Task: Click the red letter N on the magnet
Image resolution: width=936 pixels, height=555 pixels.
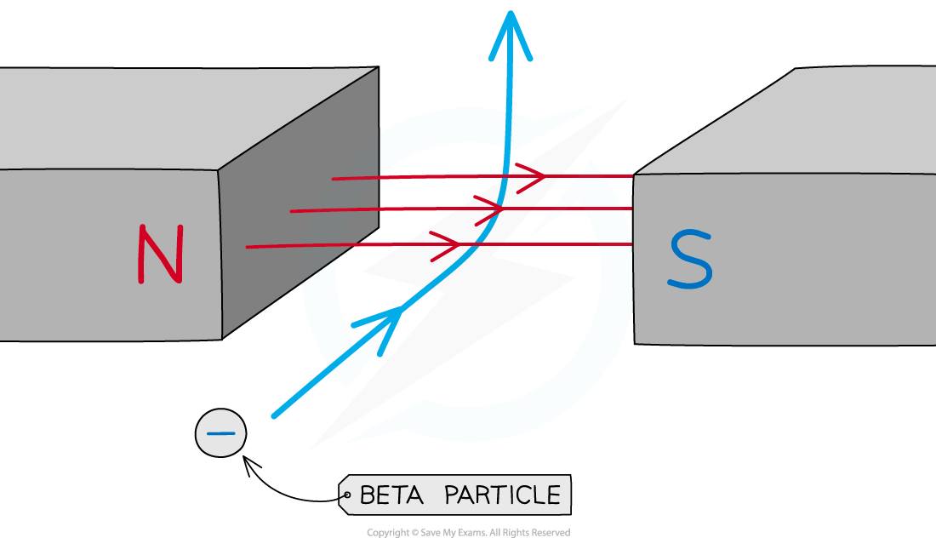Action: (x=161, y=254)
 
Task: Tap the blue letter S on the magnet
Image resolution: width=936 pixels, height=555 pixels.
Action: (x=691, y=260)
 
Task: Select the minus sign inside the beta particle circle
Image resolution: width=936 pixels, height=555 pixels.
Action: (x=220, y=433)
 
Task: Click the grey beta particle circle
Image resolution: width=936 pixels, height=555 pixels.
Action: (x=221, y=433)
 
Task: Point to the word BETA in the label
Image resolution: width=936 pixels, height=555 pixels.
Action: (x=391, y=495)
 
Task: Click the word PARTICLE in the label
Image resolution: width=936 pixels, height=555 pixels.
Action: (x=503, y=495)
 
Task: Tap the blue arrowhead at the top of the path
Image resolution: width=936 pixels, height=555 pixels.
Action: (x=511, y=35)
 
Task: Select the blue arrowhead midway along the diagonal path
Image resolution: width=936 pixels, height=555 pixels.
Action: (x=382, y=325)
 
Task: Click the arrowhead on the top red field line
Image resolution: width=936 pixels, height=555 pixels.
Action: (x=531, y=177)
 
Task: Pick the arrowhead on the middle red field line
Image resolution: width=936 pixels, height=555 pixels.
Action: (x=489, y=209)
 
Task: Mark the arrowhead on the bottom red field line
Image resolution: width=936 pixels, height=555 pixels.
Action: (x=445, y=245)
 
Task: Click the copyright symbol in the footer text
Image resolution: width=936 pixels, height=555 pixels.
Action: (x=415, y=533)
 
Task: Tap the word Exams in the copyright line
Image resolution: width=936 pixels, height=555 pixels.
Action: (x=474, y=532)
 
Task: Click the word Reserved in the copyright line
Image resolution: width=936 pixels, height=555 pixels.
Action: (x=551, y=532)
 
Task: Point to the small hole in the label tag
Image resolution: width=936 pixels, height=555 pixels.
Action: (x=347, y=495)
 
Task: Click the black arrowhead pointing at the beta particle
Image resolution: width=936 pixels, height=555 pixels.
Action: (x=250, y=463)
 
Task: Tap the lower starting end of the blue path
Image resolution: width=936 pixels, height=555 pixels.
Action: (x=274, y=415)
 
